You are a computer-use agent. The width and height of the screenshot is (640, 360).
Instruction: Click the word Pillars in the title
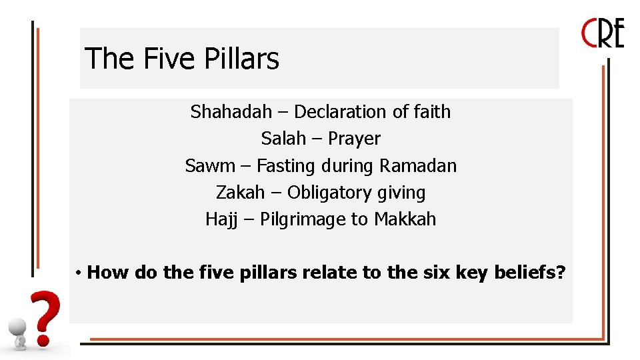241,59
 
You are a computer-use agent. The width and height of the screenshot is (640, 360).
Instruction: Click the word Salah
283,139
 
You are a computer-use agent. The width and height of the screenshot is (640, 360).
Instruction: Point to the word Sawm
210,165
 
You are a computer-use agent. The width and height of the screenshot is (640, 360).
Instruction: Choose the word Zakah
240,193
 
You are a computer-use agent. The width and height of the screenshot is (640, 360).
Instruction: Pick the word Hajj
221,219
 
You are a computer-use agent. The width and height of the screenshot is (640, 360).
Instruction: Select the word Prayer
354,139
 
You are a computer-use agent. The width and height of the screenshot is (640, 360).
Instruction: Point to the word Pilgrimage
304,220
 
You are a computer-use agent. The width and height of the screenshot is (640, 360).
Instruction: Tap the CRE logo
603,33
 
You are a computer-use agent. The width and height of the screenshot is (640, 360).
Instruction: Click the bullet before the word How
78,273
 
